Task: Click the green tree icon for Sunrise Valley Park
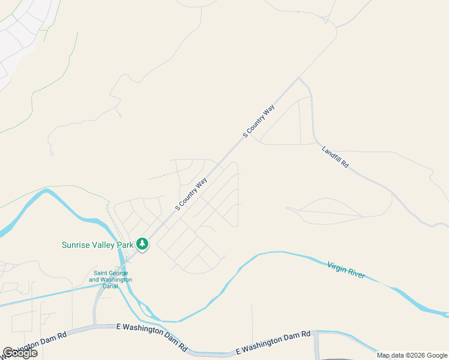point(142,244)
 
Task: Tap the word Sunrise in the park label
point(76,245)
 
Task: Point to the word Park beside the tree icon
point(125,245)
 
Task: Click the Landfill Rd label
point(334,157)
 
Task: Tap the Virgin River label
point(346,270)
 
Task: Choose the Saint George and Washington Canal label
point(111,277)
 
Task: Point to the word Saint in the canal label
point(97,273)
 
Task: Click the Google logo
point(20,353)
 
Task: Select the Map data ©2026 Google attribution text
point(412,355)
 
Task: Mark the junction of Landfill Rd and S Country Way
point(299,78)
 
